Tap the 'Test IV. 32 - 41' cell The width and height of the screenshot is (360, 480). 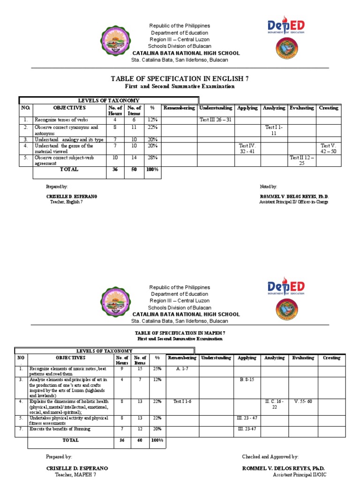pyautogui.click(x=247, y=149)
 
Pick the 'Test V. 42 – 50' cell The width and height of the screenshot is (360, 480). pyautogui.click(x=328, y=149)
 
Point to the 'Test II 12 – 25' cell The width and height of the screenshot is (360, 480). pyautogui.click(x=301, y=161)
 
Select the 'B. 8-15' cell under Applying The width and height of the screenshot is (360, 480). pyautogui.click(x=247, y=379)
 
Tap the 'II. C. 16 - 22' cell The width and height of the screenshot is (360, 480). pyautogui.click(x=274, y=404)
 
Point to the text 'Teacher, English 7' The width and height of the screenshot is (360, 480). pyautogui.click(x=66, y=202)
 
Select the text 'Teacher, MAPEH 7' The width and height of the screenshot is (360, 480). pyautogui.click(x=66, y=475)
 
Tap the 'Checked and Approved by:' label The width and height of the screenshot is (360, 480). pyautogui.click(x=270, y=457)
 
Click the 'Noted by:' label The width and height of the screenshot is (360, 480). pyautogui.click(x=268, y=187)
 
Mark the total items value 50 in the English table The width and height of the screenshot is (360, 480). pyautogui.click(x=134, y=170)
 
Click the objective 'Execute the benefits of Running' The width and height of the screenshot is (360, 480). pyautogui.click(x=60, y=429)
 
